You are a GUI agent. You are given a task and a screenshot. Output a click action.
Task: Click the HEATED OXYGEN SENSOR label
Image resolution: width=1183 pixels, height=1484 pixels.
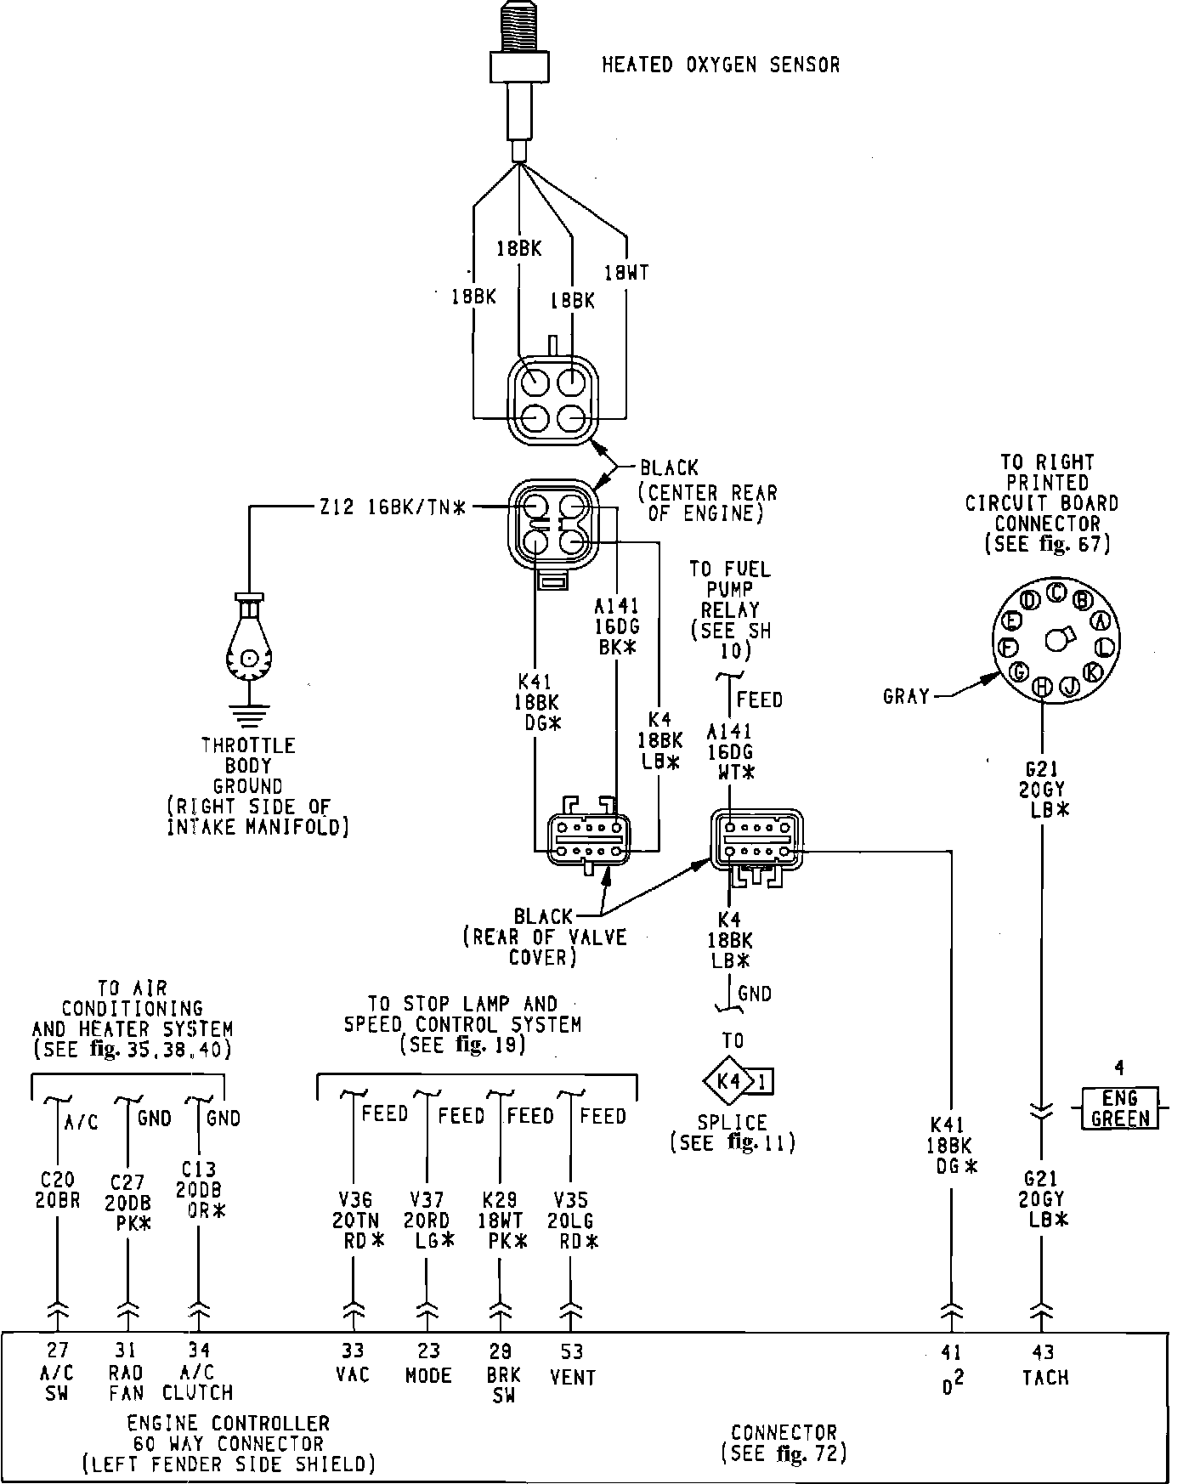click(x=721, y=65)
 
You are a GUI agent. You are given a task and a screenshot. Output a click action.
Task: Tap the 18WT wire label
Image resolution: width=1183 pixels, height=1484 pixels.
click(x=626, y=273)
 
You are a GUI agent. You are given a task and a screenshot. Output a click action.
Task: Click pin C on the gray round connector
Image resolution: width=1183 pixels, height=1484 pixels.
click(x=1056, y=592)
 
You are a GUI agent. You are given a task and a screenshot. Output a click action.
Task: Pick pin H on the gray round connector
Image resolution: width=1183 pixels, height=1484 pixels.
click(x=1043, y=687)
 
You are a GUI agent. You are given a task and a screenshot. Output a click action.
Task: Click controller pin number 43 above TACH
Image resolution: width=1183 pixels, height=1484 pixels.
click(x=1044, y=1351)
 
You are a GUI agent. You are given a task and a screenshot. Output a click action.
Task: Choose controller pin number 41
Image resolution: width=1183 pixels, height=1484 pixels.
click(x=952, y=1351)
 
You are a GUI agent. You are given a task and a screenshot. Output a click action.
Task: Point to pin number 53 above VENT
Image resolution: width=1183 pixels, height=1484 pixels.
click(x=572, y=1351)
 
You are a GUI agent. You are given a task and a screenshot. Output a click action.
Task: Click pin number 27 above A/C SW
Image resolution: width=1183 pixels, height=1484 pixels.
click(x=58, y=1350)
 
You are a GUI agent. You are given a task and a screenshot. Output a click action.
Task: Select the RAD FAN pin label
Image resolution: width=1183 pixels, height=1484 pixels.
click(x=127, y=1383)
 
